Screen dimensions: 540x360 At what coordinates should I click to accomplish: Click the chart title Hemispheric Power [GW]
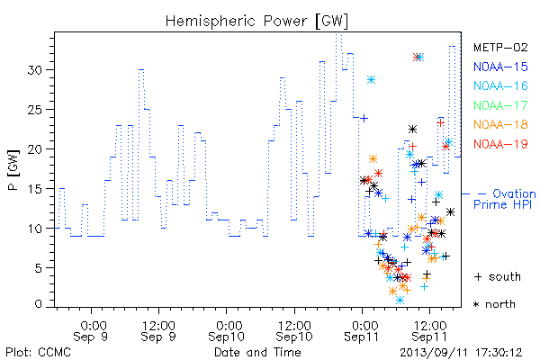pyautogui.click(x=256, y=22)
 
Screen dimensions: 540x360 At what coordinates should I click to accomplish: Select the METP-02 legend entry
pyautogui.click(x=500, y=47)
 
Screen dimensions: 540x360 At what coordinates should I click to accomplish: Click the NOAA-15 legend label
pyautogui.click(x=500, y=67)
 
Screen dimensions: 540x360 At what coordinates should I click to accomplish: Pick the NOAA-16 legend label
pyautogui.click(x=500, y=85)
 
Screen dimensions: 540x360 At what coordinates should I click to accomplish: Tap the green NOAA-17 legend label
pyautogui.click(x=500, y=105)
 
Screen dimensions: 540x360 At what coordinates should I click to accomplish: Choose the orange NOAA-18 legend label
pyautogui.click(x=500, y=124)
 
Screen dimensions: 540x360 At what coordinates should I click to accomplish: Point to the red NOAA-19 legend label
pyautogui.click(x=500, y=144)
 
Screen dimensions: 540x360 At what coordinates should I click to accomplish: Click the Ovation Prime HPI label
pyautogui.click(x=504, y=199)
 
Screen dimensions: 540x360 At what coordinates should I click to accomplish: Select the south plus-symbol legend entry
pyautogui.click(x=498, y=276)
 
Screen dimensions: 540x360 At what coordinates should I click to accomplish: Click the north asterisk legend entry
pyautogui.click(x=494, y=304)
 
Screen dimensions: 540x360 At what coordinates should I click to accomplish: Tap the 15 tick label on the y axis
pyautogui.click(x=34, y=189)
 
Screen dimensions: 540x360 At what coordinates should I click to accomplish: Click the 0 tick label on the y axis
pyautogui.click(x=38, y=304)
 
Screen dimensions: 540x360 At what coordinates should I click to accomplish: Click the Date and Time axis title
pyautogui.click(x=257, y=352)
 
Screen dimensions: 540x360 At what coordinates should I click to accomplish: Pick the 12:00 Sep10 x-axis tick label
pyautogui.click(x=294, y=331)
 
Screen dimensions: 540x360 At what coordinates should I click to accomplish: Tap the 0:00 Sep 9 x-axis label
pyautogui.click(x=91, y=331)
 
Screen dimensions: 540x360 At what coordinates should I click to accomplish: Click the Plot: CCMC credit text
pyautogui.click(x=38, y=352)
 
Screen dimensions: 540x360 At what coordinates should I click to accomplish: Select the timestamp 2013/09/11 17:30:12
pyautogui.click(x=461, y=353)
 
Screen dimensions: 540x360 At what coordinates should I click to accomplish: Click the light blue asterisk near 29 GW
pyautogui.click(x=371, y=80)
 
